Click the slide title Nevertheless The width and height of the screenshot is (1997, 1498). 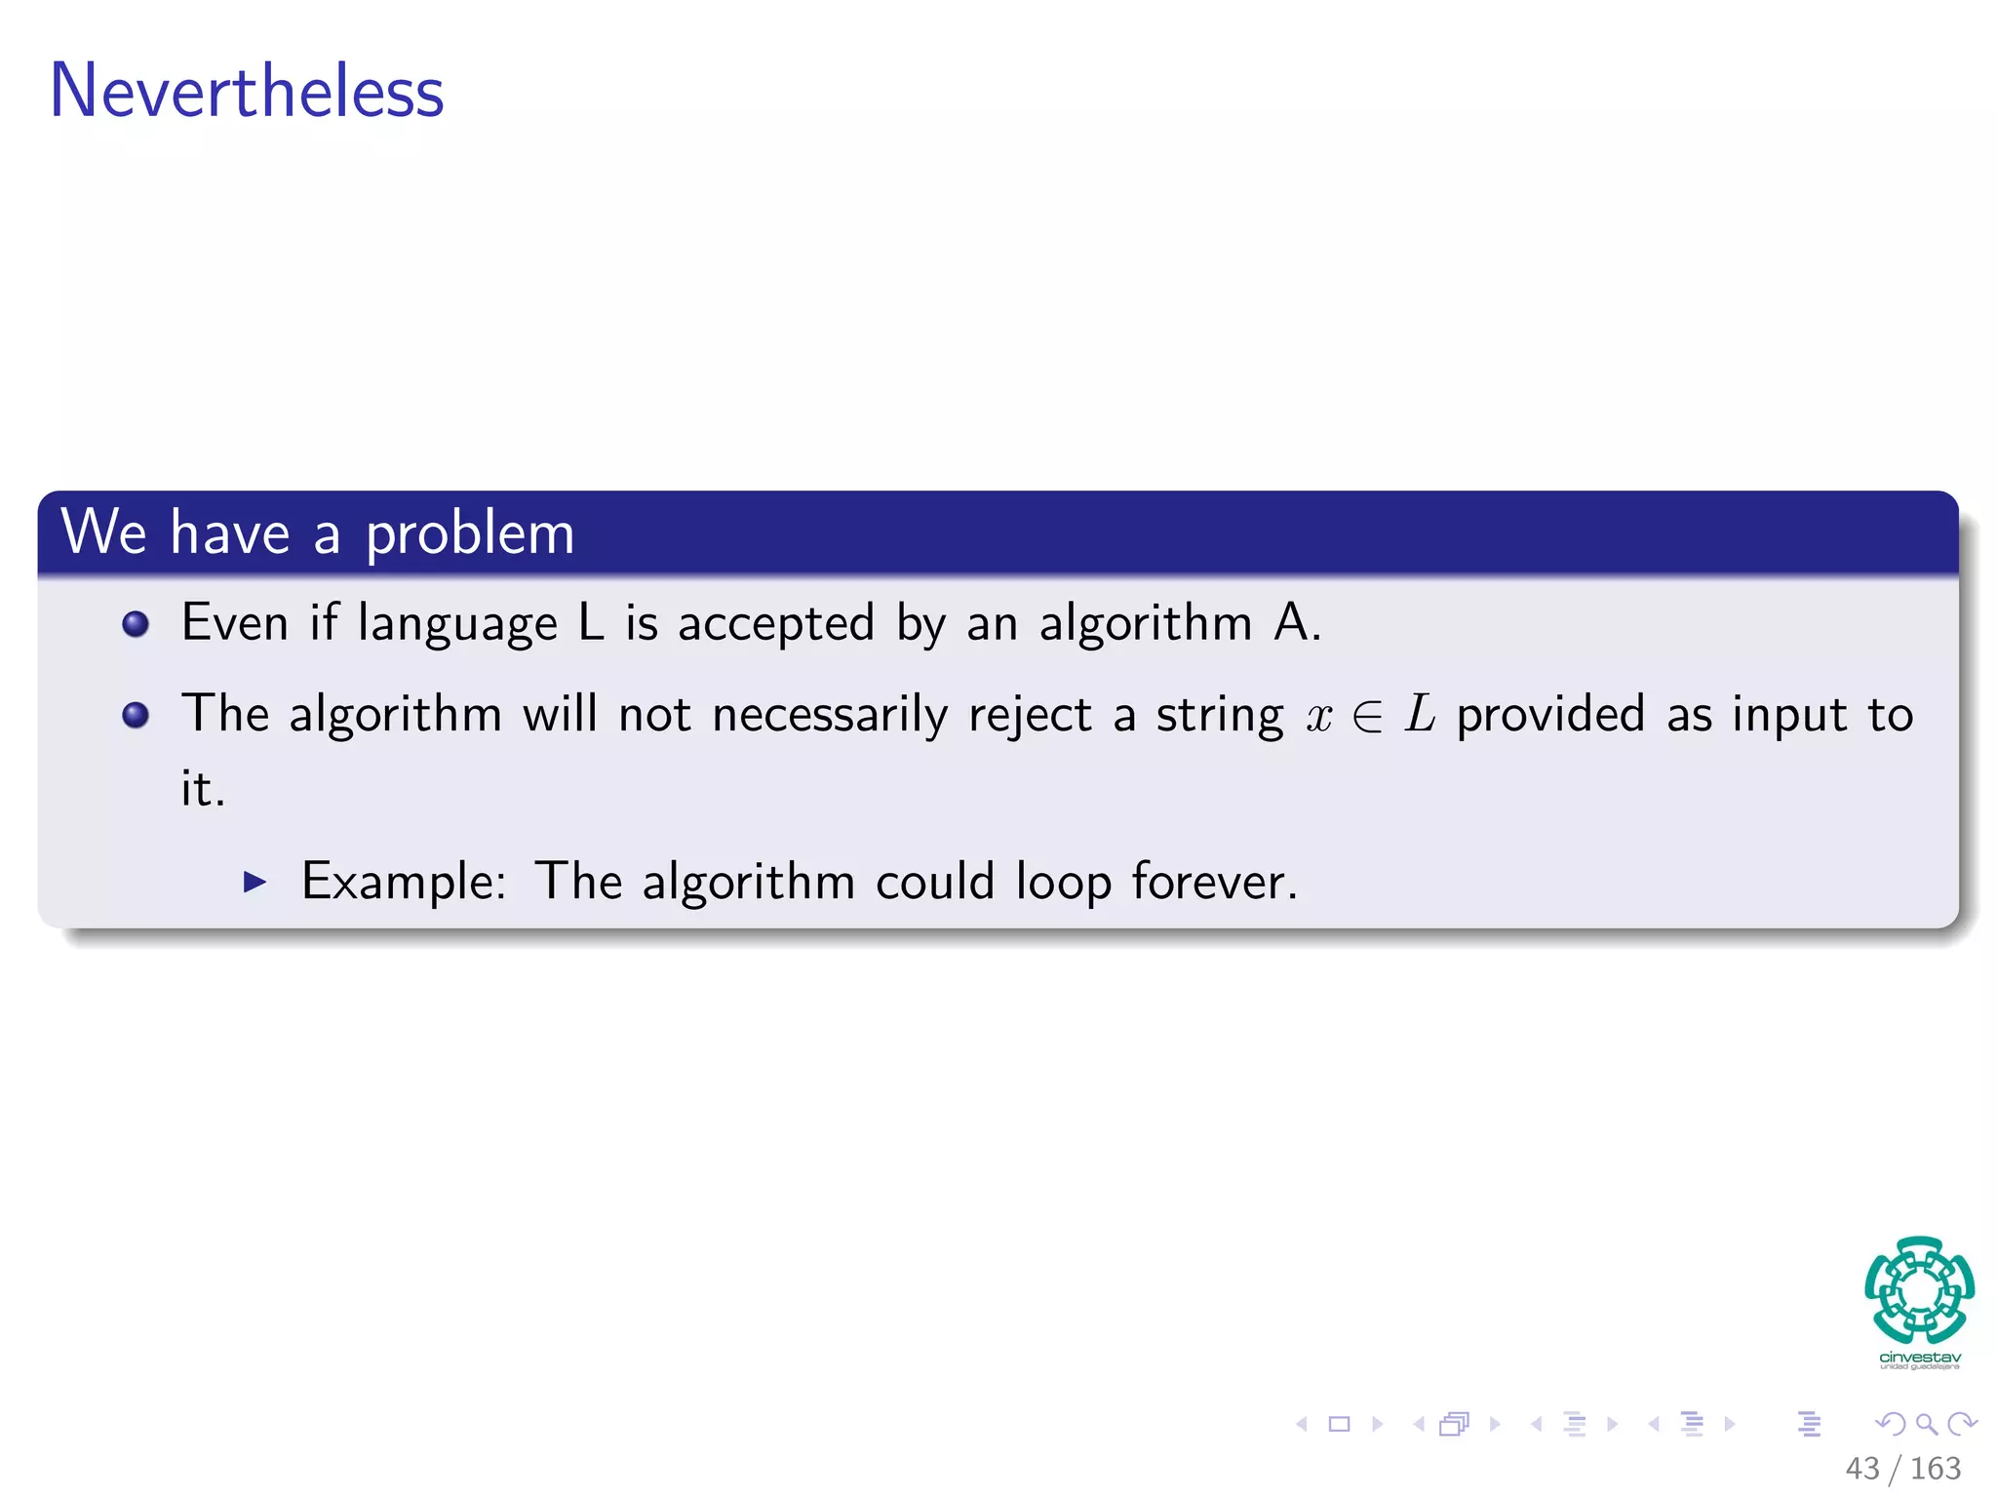coord(246,92)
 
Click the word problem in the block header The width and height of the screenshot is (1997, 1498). coord(469,534)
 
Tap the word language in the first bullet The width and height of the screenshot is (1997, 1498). coord(457,624)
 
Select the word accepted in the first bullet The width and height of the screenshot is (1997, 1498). coord(776,624)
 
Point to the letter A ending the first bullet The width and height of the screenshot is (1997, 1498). coord(1292,622)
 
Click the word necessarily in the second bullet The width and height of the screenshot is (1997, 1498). coord(830,716)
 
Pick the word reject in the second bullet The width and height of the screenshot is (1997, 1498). coord(1030,716)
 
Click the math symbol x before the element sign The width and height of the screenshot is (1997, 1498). coord(1319,718)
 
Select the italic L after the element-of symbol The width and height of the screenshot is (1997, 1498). coord(1420,714)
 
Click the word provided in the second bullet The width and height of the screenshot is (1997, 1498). coord(1550,715)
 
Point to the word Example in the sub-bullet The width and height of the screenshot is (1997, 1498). coord(403,883)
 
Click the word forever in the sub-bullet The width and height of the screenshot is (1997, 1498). coord(1213,883)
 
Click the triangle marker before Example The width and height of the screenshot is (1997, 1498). coord(255,883)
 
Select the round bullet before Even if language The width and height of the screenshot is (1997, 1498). coord(137,624)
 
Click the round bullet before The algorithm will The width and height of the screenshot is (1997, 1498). coord(137,716)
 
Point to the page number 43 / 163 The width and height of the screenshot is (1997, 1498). coord(1902,1468)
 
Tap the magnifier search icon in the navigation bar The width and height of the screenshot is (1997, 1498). coord(1927,1424)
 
